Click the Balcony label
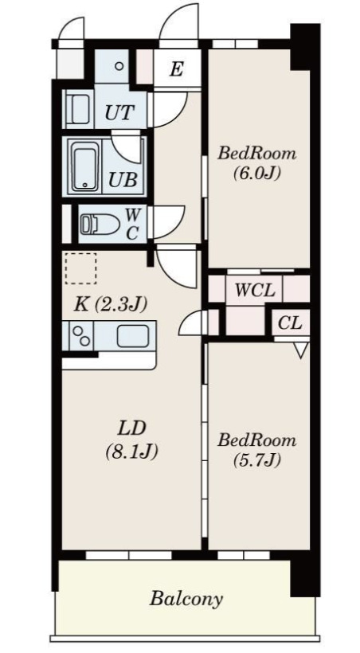coord(186,600)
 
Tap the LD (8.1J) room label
coord(131,440)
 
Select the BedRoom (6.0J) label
coord(257,162)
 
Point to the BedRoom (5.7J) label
coord(256,449)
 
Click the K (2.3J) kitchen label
coord(111,305)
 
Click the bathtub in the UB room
coord(85,166)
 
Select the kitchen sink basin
coord(133,336)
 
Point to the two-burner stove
coord(81,336)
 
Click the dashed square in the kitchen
coord(80,268)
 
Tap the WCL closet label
coord(255,290)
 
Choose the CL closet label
coord(290,323)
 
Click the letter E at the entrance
coord(177,68)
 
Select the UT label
coord(119,112)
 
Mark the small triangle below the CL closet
coord(302,350)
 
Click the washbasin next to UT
coord(78,108)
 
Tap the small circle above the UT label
coord(119,66)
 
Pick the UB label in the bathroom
coord(123,180)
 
